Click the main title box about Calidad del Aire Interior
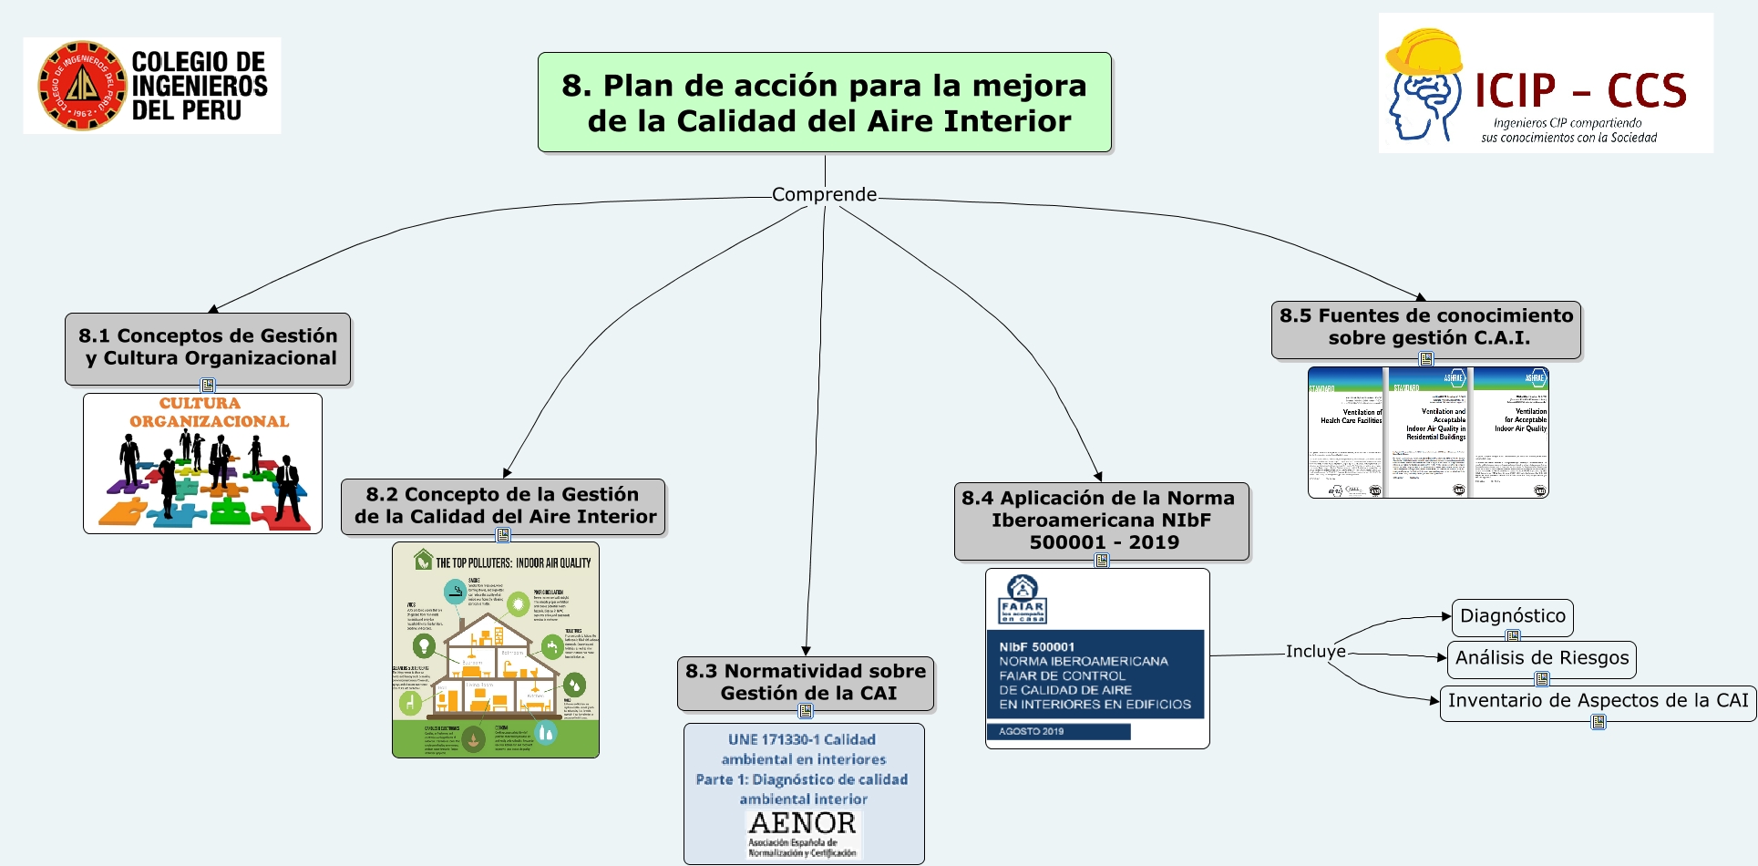tap(824, 102)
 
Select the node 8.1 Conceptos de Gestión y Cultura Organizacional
tap(208, 347)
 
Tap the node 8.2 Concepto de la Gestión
tap(503, 505)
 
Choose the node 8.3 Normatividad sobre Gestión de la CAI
tap(806, 682)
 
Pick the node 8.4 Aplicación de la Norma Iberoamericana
tap(1101, 520)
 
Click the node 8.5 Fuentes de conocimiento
tap(1425, 327)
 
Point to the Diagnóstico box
tap(1512, 616)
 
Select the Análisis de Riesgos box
tap(1541, 658)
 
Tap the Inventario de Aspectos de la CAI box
tap(1598, 701)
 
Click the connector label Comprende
tap(824, 194)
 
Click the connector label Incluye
tap(1315, 652)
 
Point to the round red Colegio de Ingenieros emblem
tap(81, 86)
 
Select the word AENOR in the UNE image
tap(802, 822)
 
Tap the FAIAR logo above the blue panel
tap(1023, 598)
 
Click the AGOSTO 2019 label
tap(1031, 731)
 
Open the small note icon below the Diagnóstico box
tap(1513, 636)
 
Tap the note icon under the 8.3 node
tap(806, 711)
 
